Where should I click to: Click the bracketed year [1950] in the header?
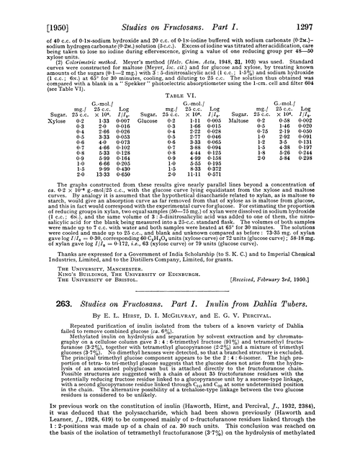[x=26, y=8]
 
